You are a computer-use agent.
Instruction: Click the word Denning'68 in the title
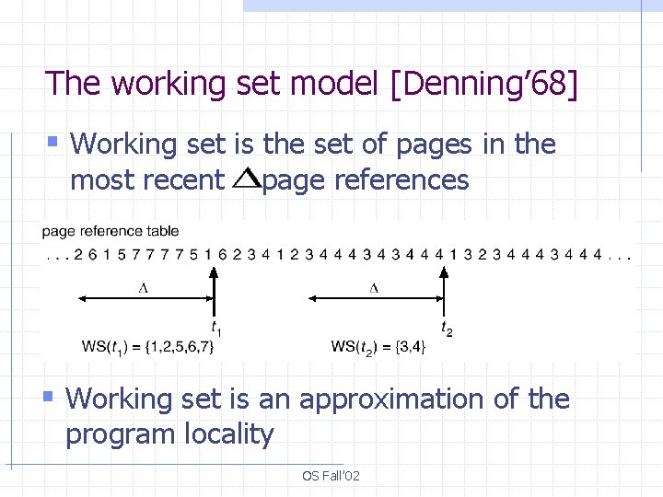pyautogui.click(x=485, y=84)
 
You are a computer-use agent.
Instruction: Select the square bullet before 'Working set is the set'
pyautogui.click(x=52, y=142)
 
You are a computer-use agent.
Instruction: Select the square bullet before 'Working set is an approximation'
pyautogui.click(x=51, y=397)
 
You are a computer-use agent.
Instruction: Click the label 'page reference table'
pyautogui.click(x=110, y=231)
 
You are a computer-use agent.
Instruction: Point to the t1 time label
pyautogui.click(x=215, y=327)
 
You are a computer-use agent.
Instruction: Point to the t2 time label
pyautogui.click(x=447, y=327)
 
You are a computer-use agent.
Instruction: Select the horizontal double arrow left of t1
pyautogui.click(x=144, y=297)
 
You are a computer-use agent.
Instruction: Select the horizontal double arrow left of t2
pyautogui.click(x=374, y=297)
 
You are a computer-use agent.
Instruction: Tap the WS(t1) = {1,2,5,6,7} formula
pyautogui.click(x=154, y=347)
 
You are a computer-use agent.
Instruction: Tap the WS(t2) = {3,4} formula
pyautogui.click(x=378, y=347)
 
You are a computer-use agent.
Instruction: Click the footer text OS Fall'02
pyautogui.click(x=331, y=476)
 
